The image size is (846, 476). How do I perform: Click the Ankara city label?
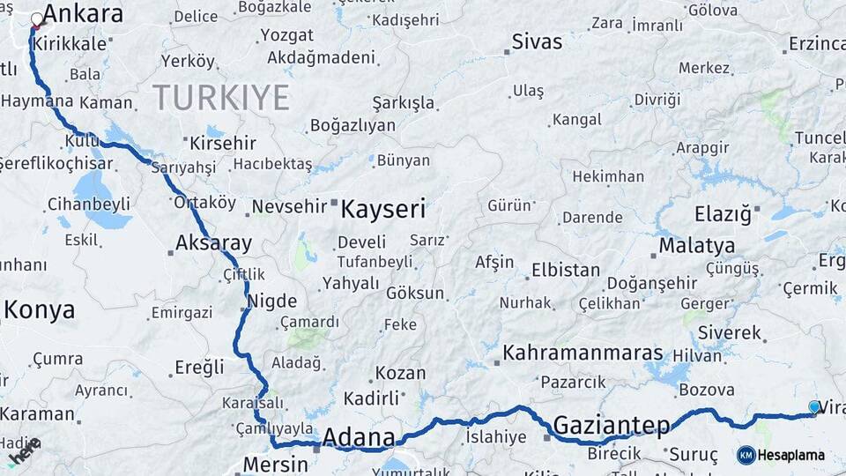coord(83,14)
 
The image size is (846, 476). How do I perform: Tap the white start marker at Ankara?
coord(37,19)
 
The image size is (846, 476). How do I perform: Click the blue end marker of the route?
coord(814,406)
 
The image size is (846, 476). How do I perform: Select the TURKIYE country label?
coord(220,96)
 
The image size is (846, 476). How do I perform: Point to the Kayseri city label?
coord(382,210)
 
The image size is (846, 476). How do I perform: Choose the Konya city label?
coord(40,309)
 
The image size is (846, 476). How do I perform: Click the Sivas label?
coord(537,42)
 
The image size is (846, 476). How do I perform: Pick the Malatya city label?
coord(696,245)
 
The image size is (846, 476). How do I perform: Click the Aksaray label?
coord(213,242)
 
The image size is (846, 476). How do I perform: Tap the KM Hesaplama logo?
coord(781,455)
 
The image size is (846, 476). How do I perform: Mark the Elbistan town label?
coord(566,270)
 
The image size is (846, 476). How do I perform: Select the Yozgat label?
coord(286,36)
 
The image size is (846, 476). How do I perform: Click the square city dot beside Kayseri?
coord(334,205)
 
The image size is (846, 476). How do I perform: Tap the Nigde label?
coord(272,301)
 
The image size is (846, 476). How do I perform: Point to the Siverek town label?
coord(729,332)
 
